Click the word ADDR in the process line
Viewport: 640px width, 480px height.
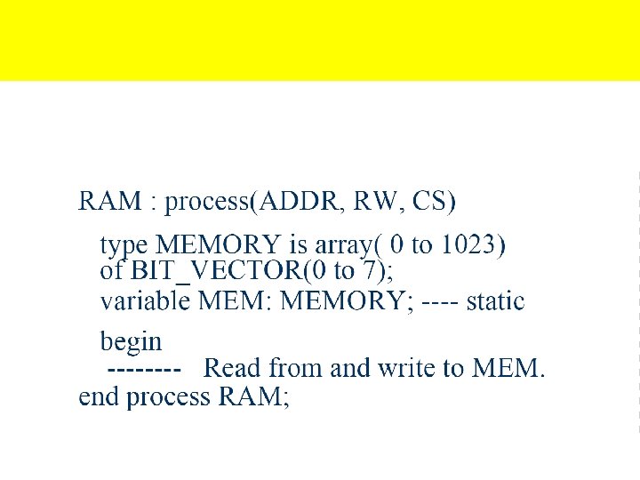(300, 202)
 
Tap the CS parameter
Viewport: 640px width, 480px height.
(433, 202)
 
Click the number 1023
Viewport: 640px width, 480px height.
(468, 244)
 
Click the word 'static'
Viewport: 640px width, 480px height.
(495, 301)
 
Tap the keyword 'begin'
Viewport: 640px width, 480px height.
(131, 342)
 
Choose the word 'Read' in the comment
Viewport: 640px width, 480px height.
(233, 367)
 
